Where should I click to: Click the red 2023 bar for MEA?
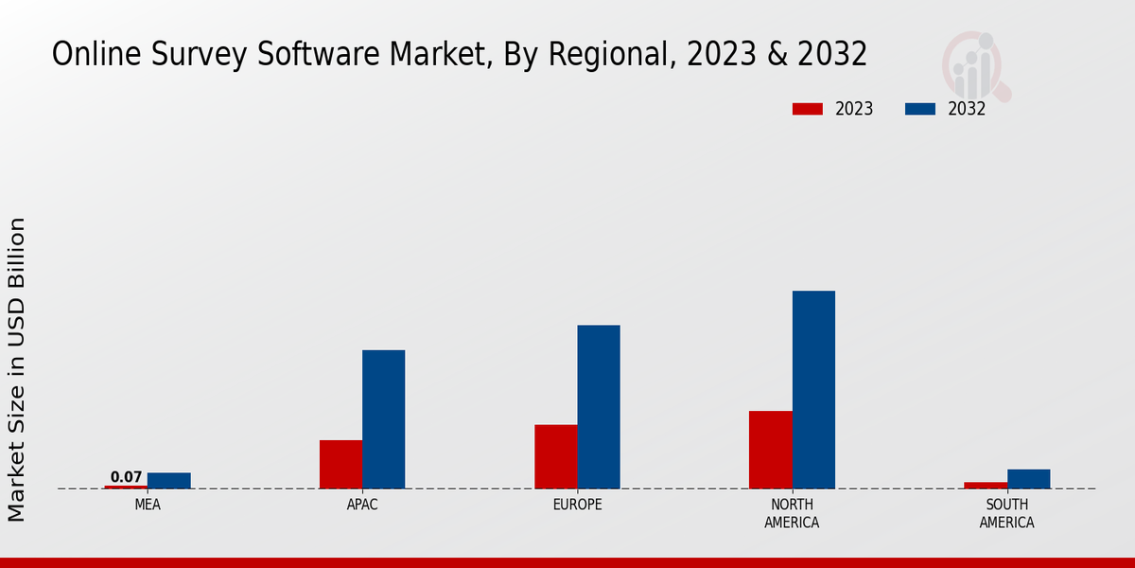[x=126, y=487]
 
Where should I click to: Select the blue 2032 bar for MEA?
[x=168, y=481]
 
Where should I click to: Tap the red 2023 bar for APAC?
[x=340, y=464]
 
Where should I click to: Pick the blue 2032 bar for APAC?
[x=383, y=419]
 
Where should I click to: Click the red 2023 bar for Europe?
[x=555, y=456]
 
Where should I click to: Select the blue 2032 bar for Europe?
[x=599, y=407]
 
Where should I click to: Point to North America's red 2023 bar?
[x=770, y=450]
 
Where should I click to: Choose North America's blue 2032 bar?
[x=813, y=389]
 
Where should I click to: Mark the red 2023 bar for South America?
[x=986, y=485]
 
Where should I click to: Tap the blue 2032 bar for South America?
[x=1028, y=479]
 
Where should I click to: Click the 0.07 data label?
[x=126, y=477]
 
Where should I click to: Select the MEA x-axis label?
[x=148, y=505]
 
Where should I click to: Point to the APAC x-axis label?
[x=362, y=505]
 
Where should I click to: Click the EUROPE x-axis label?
[x=577, y=505]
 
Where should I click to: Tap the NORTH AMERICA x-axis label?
[x=792, y=513]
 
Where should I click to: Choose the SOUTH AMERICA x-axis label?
[x=1006, y=513]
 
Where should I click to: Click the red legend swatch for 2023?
[x=807, y=109]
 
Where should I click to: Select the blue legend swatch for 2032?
[x=919, y=109]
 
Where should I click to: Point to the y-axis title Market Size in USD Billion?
[x=17, y=369]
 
